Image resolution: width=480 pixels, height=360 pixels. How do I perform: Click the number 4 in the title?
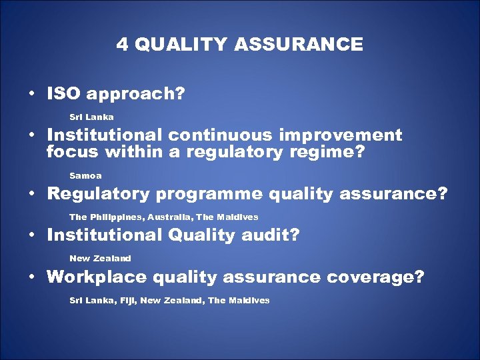[x=122, y=45]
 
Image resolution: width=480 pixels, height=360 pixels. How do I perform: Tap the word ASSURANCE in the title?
[x=299, y=45]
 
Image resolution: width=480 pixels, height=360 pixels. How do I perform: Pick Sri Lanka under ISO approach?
[x=91, y=117]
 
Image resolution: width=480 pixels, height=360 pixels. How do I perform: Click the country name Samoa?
[x=85, y=175]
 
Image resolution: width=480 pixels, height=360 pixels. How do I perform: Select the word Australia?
[x=173, y=217]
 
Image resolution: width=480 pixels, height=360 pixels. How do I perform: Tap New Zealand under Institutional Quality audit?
[x=100, y=258]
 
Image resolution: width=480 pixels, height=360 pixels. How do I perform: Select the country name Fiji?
[x=127, y=301]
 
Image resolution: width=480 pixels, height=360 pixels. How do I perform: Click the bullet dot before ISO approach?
[x=32, y=95]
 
